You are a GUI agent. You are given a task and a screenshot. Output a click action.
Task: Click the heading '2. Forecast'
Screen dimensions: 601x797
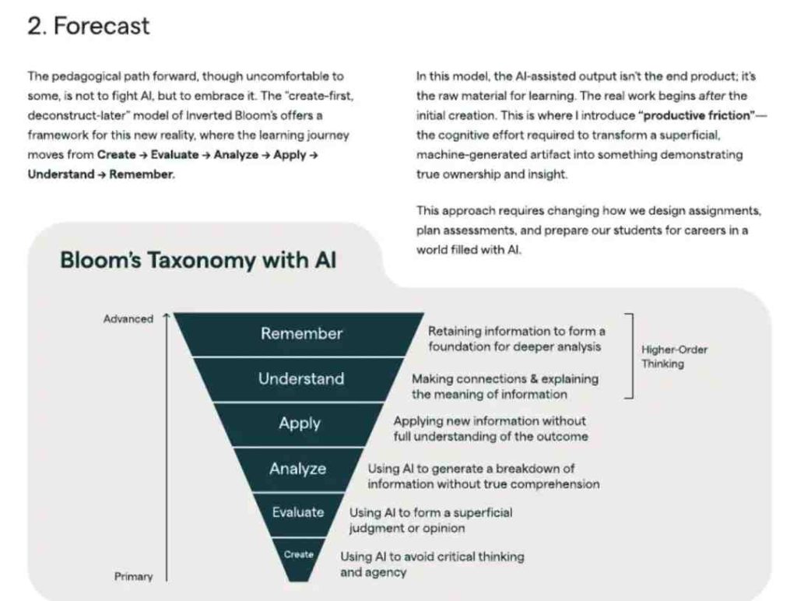coord(88,26)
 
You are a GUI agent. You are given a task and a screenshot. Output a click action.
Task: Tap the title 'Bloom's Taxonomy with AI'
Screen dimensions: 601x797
coord(198,260)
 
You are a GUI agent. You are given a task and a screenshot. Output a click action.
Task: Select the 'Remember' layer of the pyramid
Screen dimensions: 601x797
coord(301,334)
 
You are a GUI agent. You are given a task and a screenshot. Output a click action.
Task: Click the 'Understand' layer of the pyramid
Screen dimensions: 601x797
coord(301,379)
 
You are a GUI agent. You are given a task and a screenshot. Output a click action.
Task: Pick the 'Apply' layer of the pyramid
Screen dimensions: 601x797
coord(300,424)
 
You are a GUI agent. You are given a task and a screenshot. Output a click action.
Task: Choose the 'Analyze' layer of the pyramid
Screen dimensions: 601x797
coord(298,469)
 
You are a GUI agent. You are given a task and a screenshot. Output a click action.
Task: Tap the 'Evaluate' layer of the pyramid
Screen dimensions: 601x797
coord(298,512)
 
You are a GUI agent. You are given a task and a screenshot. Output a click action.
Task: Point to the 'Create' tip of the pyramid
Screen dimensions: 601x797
coord(299,554)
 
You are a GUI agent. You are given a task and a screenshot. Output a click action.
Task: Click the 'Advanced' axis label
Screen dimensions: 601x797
coord(128,319)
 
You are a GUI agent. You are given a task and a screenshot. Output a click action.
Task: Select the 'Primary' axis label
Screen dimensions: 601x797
coord(134,576)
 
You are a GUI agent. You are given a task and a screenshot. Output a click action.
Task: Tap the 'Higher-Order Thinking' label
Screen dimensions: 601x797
coord(674,357)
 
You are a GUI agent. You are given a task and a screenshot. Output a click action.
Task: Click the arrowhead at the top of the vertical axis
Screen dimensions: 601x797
coord(167,318)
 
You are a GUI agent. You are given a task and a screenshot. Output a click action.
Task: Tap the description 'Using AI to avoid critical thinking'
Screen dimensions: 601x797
coord(432,557)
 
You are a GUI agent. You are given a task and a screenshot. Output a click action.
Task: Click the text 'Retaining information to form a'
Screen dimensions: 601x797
coord(516,332)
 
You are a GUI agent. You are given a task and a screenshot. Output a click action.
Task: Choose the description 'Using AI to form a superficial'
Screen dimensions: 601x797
coord(430,513)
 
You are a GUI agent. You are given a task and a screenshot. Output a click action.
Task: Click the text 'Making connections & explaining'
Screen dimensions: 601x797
coord(505,379)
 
